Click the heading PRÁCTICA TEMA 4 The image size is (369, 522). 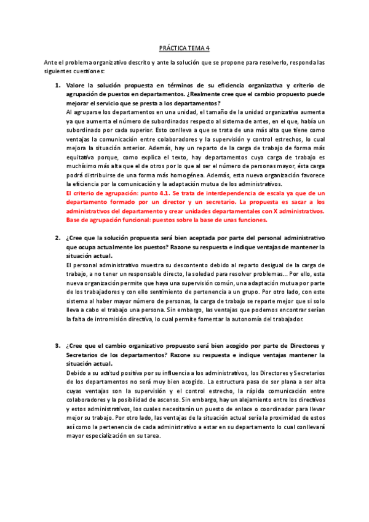point(184,47)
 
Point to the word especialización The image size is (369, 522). point(126,436)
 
